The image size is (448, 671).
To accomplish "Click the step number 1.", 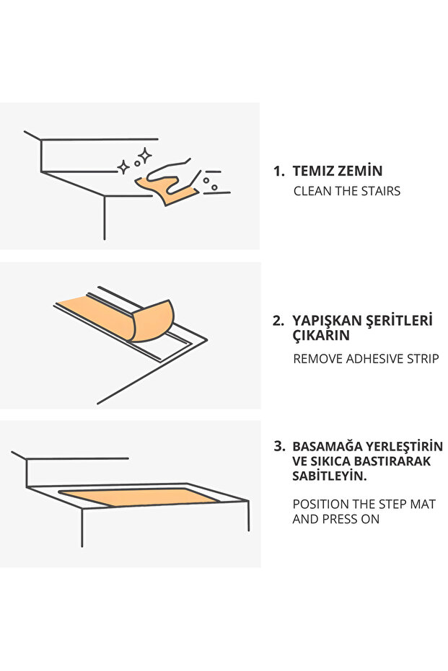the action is pyautogui.click(x=278, y=172).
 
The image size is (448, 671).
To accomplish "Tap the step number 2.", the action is pyautogui.click(x=278, y=321).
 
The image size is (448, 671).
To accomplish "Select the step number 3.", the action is pyautogui.click(x=280, y=446).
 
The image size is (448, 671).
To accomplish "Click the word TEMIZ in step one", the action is pyautogui.click(x=314, y=172).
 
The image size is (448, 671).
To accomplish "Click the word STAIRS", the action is pyautogui.click(x=377, y=191).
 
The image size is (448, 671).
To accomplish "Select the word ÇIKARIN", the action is pyautogui.click(x=321, y=335).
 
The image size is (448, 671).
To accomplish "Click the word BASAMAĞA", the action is pyautogui.click(x=328, y=446).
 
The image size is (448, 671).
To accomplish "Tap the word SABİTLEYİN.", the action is pyautogui.click(x=330, y=476).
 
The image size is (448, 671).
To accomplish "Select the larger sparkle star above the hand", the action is pyautogui.click(x=144, y=156).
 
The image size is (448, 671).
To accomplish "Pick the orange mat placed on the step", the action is pyautogui.click(x=139, y=497).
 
